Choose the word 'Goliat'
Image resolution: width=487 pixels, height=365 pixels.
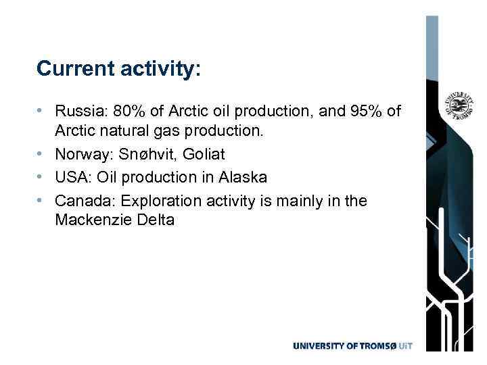point(203,155)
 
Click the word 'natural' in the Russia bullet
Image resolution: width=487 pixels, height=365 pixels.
point(128,129)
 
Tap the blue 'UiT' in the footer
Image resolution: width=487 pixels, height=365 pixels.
point(403,346)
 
